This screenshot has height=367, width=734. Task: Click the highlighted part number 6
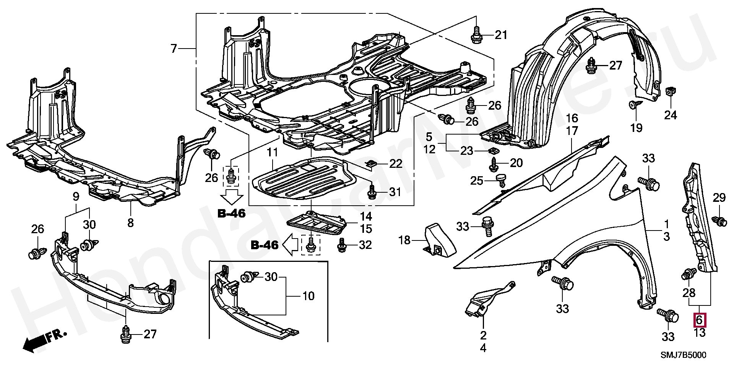[x=699, y=320]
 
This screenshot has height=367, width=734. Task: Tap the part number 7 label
[x=174, y=49]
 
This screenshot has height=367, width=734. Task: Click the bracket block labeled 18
[x=440, y=239]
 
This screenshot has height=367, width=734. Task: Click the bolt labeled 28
[x=688, y=274]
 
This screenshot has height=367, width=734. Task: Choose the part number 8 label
[x=130, y=222]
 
